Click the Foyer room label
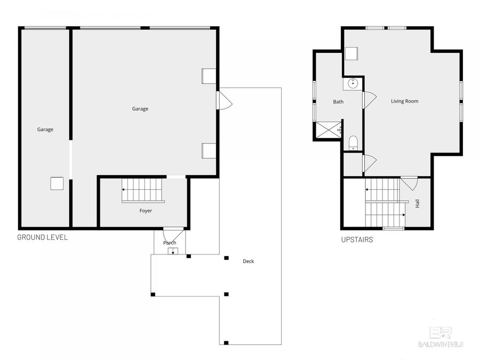146,211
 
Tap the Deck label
248,261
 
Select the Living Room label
404,101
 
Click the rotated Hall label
418,203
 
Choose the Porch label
170,243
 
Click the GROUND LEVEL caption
43,237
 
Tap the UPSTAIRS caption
357,240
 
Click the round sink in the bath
353,83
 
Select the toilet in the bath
353,142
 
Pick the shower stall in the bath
328,130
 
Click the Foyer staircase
143,190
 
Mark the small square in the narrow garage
57,183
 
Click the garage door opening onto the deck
223,100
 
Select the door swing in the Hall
409,183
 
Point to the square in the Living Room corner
351,54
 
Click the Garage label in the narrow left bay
45,129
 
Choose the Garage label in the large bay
140,109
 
